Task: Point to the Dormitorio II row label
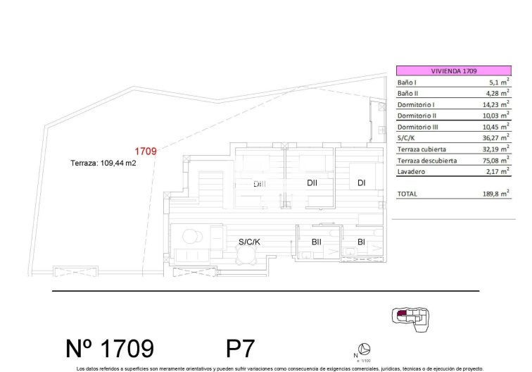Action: pos(417,116)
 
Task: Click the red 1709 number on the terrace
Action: pos(145,151)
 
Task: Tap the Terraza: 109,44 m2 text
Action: pos(103,162)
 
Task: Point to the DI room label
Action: pos(361,183)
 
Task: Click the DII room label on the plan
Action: pos(313,183)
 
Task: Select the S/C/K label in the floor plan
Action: pos(250,242)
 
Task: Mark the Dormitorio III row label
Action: pos(418,127)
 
